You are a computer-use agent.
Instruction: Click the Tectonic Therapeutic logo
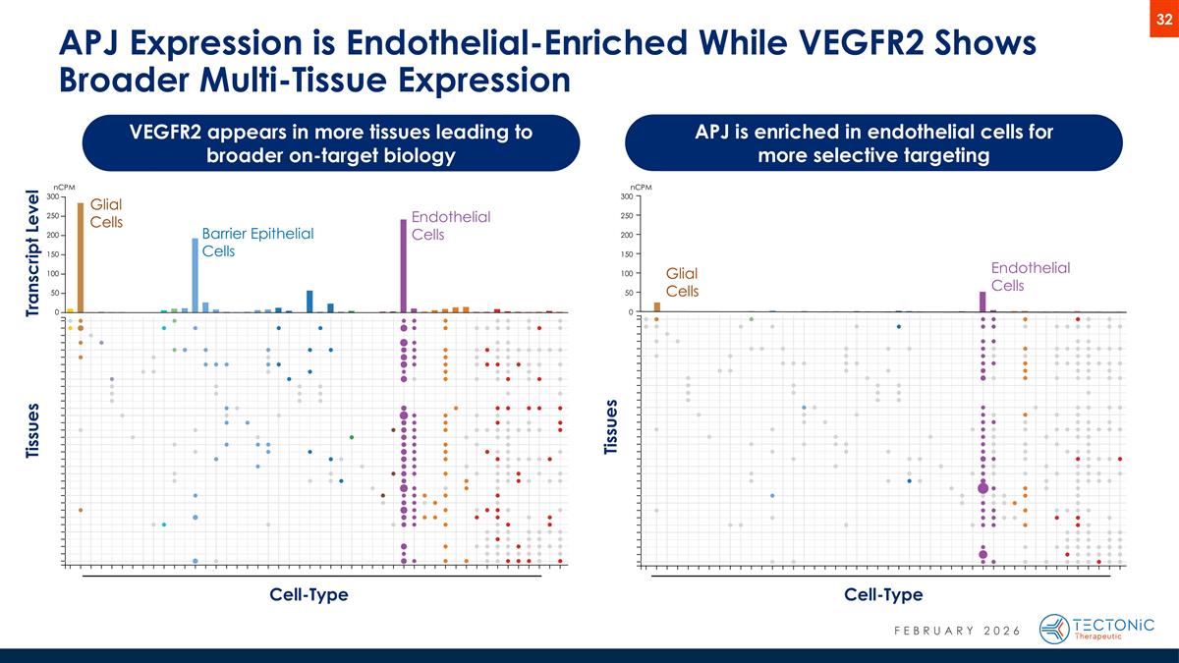tap(1096, 629)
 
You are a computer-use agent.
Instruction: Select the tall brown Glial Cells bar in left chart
tap(81, 257)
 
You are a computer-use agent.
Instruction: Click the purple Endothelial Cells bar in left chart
tap(404, 265)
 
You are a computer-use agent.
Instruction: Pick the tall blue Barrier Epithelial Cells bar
tap(195, 275)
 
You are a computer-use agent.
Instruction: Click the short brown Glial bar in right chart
tap(657, 306)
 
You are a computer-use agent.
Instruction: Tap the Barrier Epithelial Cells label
tap(256, 242)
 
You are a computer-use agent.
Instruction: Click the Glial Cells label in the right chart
tap(683, 282)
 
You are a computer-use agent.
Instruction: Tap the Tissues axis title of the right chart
tap(612, 427)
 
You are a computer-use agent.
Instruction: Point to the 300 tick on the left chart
tap(53, 196)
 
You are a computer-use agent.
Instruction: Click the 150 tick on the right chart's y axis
tap(626, 254)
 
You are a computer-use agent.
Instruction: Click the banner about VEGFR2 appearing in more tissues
tap(330, 143)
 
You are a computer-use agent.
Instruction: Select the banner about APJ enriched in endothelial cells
tap(873, 143)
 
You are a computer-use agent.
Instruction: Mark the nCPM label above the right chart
tap(640, 186)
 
